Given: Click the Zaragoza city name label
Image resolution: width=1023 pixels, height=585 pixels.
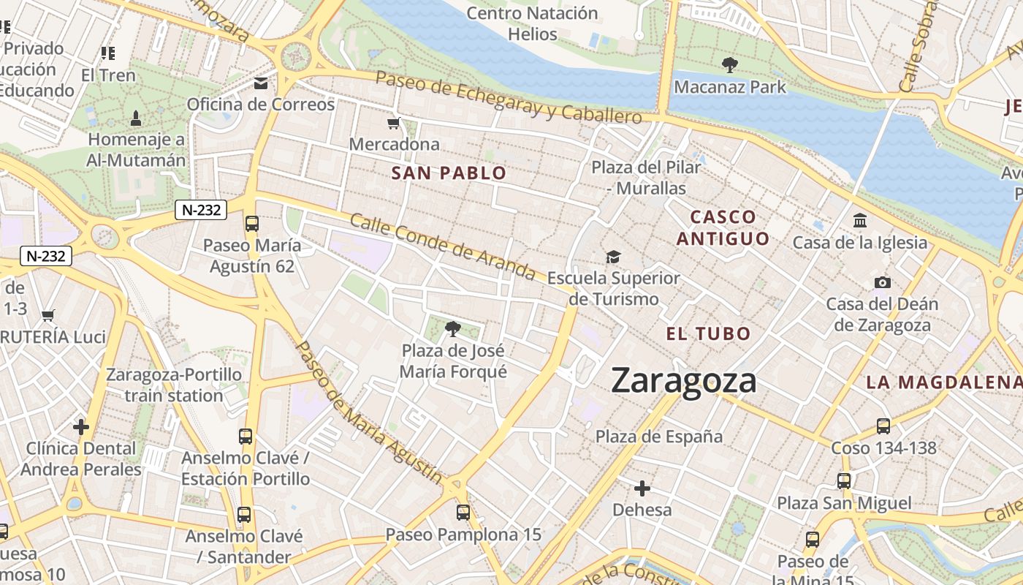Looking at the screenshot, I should (683, 381).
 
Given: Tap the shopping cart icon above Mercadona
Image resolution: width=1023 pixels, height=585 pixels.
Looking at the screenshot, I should (394, 123).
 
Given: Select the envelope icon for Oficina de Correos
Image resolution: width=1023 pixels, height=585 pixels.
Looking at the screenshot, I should (261, 83).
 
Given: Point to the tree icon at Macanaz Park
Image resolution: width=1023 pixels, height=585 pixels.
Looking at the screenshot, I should (729, 65).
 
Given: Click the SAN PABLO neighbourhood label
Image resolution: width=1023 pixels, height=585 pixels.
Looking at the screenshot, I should (449, 173).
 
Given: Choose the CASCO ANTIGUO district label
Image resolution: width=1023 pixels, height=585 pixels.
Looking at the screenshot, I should (723, 227).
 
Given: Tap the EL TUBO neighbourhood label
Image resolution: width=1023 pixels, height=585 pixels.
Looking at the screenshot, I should (708, 334).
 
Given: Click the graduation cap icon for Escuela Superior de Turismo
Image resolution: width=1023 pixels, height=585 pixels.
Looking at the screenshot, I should (613, 257).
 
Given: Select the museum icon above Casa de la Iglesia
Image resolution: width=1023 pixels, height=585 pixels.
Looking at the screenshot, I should (860, 220).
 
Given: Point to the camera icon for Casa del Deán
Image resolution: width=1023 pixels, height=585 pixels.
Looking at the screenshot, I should (882, 282).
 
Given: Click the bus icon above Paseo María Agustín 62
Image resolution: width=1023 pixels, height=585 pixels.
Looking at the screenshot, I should (252, 224).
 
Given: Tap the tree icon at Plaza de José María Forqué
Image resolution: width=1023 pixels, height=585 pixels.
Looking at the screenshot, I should (453, 329).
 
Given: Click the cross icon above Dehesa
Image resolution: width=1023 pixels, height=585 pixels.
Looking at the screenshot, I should (642, 488).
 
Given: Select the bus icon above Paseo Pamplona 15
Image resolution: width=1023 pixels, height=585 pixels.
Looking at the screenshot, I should (463, 513).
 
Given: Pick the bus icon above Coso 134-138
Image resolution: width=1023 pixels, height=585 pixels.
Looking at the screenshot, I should (883, 426).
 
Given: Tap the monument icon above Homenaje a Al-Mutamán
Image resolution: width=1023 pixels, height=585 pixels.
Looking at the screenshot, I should (136, 118).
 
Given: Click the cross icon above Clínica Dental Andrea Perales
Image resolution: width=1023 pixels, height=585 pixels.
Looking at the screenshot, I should (81, 426).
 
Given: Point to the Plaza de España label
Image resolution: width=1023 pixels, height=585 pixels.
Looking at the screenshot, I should (659, 437).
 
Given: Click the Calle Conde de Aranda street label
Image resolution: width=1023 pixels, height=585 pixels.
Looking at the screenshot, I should (443, 246).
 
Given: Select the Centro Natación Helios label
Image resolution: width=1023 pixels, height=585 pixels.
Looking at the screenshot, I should (532, 23).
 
